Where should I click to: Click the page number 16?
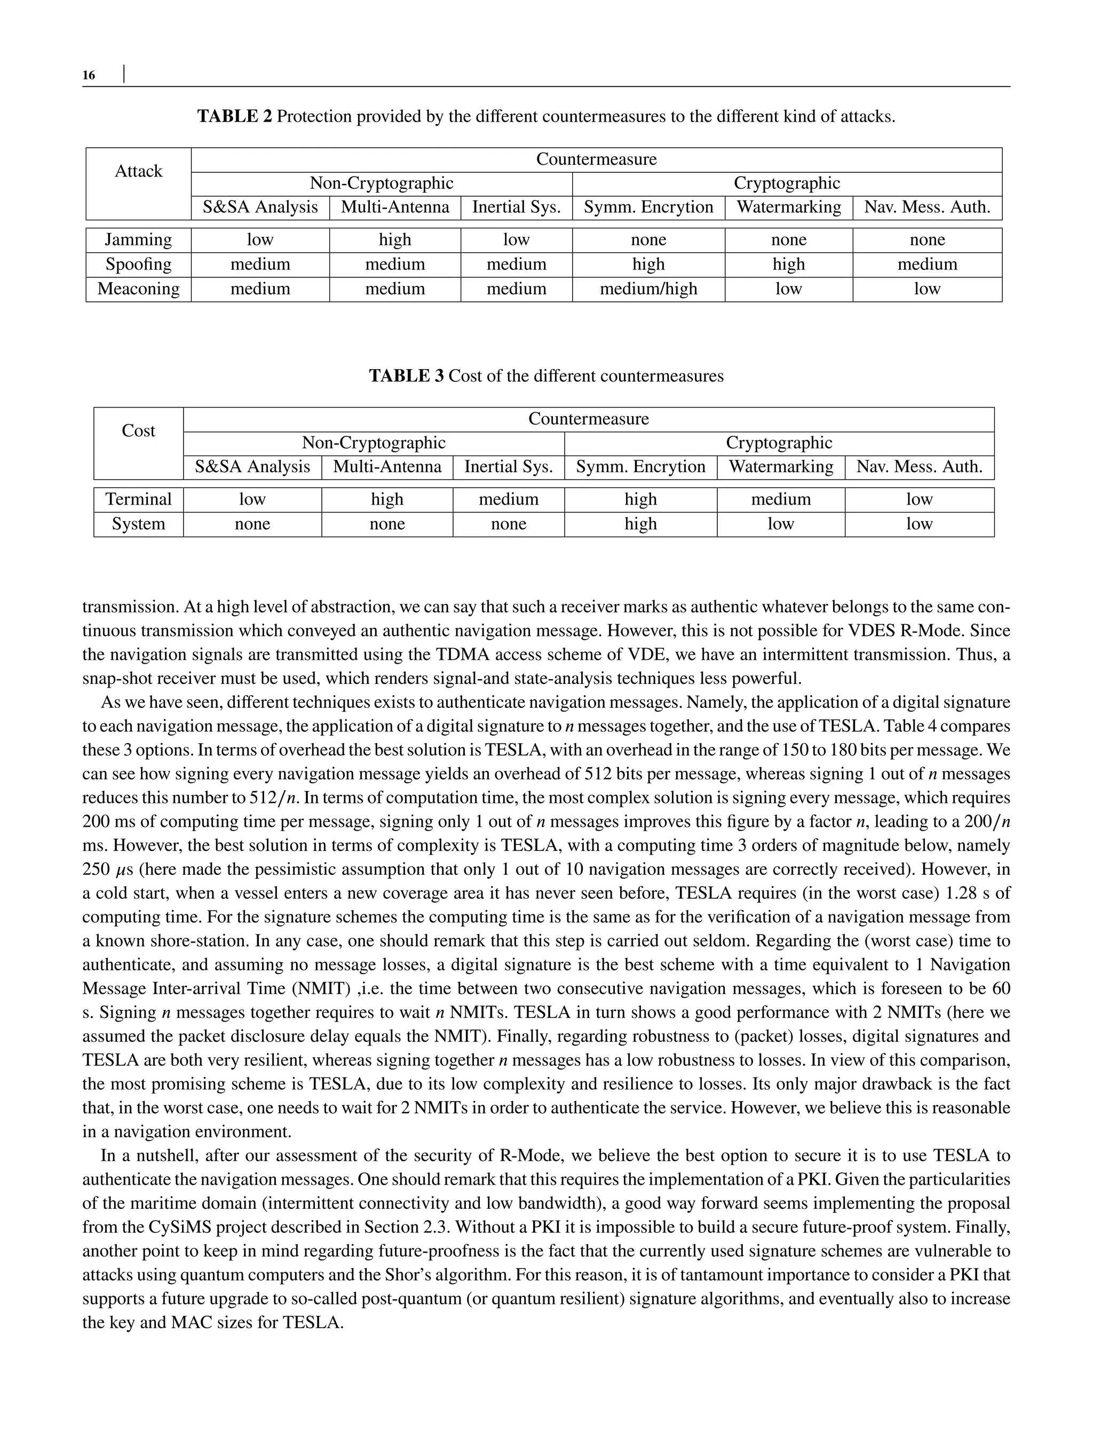[x=89, y=75]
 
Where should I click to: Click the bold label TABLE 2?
[x=235, y=116]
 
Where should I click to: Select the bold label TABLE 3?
[x=407, y=376]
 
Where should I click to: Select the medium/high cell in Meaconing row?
[x=648, y=289]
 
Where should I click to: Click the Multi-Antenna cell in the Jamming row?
[x=395, y=240]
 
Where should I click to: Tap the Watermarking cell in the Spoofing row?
[x=788, y=264]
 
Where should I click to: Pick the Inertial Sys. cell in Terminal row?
[x=508, y=499]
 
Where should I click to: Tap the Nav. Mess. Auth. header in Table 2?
[x=927, y=208]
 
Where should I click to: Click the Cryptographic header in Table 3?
[x=779, y=443]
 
